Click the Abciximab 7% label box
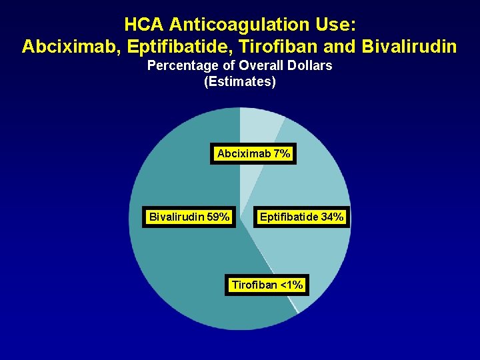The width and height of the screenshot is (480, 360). [x=253, y=154]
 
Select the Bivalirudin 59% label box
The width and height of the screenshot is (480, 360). [x=189, y=217]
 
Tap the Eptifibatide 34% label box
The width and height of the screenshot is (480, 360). [x=301, y=217]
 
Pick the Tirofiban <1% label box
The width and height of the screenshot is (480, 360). [x=267, y=285]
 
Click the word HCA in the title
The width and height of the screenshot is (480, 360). [x=143, y=25]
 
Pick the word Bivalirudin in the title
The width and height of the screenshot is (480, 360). [x=412, y=47]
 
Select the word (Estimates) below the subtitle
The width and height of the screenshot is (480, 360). [x=239, y=82]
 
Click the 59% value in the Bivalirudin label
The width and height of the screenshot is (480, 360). [x=219, y=217]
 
